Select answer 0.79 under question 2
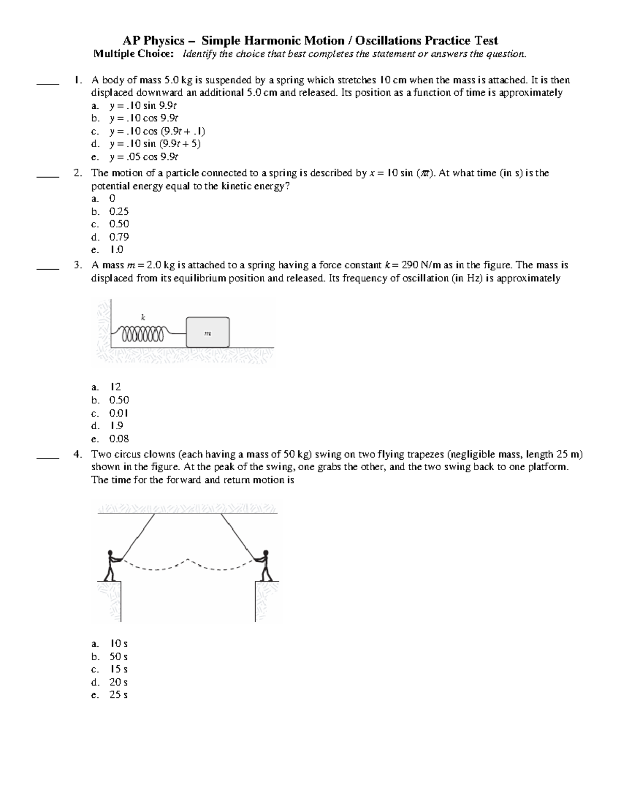(x=119, y=237)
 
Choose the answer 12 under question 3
(x=115, y=387)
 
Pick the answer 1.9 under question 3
(x=116, y=426)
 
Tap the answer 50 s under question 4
(x=118, y=656)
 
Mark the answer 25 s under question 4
(x=118, y=695)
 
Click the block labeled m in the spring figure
(x=208, y=332)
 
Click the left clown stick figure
(x=110, y=565)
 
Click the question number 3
(x=77, y=265)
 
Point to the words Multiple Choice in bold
(x=132, y=54)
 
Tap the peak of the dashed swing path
(x=187, y=560)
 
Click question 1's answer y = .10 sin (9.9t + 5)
(x=155, y=144)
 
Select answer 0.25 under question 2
(x=119, y=212)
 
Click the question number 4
(x=77, y=455)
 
